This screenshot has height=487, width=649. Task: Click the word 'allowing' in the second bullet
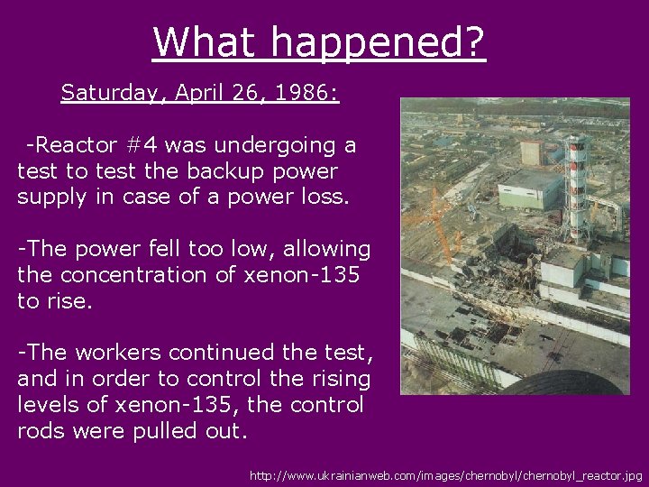[327, 248]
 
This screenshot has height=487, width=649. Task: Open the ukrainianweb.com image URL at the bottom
[447, 474]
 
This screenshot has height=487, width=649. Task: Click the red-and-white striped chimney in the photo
[575, 180]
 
